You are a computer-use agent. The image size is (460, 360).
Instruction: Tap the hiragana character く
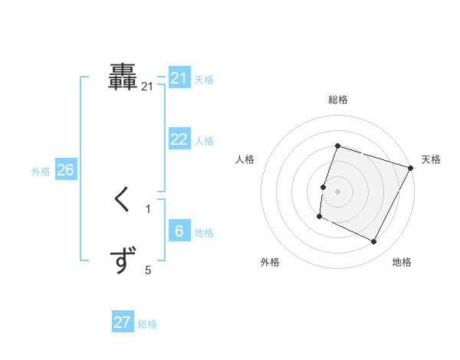tap(123, 201)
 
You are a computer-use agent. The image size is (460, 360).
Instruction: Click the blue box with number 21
tap(179, 78)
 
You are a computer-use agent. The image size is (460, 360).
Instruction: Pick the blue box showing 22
tap(179, 139)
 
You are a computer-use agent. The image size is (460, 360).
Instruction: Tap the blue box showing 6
tap(179, 231)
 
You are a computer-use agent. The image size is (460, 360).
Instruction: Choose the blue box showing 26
tap(65, 170)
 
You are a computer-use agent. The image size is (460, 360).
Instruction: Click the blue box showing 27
tap(123, 322)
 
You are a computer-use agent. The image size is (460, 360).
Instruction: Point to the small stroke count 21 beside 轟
tap(148, 87)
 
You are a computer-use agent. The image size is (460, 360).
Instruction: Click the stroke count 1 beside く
tap(148, 208)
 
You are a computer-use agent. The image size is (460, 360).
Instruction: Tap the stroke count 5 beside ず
tap(148, 270)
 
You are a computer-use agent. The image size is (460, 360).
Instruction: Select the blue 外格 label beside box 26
tap(41, 172)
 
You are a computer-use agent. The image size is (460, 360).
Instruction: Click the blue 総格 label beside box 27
tap(147, 324)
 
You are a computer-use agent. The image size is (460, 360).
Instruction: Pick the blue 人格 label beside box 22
tap(204, 141)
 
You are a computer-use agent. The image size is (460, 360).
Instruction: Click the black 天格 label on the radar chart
tap(431, 159)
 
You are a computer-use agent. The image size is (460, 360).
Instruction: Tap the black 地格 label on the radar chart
tap(402, 262)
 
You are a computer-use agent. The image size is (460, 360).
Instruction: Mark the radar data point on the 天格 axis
tap(411, 168)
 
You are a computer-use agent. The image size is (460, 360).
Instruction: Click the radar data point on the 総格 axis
tap(337, 146)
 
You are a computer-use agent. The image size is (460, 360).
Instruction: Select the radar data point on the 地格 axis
tap(374, 242)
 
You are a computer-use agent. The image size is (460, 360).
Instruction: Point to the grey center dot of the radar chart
tap(337, 191)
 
